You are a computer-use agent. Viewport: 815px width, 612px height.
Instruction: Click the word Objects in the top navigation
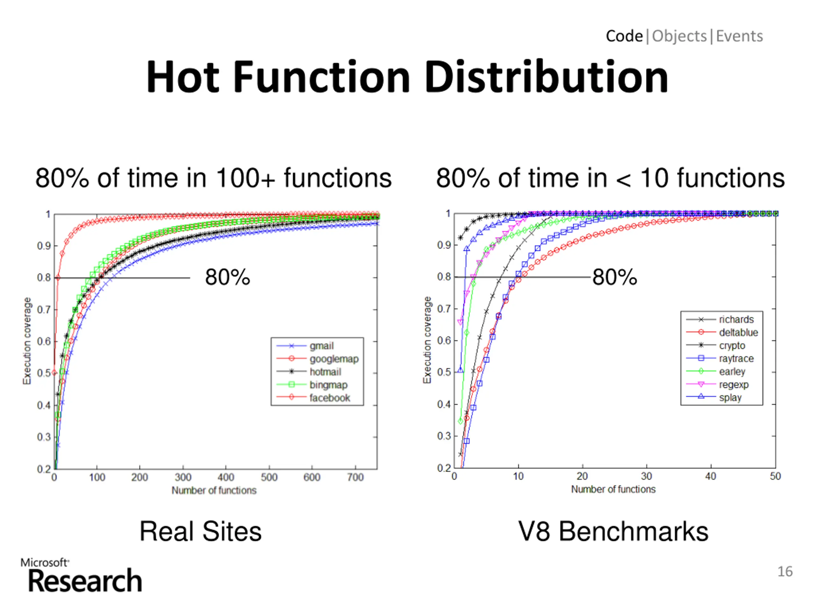[x=679, y=36]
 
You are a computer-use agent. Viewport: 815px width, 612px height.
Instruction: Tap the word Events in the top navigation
[x=739, y=36]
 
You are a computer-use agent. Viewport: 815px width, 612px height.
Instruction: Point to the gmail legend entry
[x=321, y=346]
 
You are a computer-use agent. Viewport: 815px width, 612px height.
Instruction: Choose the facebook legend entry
[x=330, y=398]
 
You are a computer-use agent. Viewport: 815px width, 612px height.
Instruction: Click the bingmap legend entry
[x=328, y=385]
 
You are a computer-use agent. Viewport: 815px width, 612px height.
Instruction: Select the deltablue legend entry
[x=738, y=332]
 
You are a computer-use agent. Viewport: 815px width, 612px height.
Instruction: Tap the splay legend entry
[x=730, y=397]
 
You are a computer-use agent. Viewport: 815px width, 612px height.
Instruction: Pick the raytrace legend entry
[x=736, y=358]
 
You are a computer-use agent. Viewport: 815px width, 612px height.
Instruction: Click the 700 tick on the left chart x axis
[x=355, y=477]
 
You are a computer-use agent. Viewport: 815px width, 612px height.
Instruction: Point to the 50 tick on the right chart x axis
[x=775, y=476]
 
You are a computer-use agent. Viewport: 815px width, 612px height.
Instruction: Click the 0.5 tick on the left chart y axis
[x=44, y=373]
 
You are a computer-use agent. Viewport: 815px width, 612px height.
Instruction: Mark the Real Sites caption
[x=201, y=531]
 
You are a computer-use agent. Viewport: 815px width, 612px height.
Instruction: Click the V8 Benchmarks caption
[x=613, y=531]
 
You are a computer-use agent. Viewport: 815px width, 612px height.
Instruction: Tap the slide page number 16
[x=784, y=572]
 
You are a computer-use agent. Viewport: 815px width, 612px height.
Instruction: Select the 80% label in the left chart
[x=227, y=277]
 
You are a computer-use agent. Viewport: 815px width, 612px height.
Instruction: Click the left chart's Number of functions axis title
[x=214, y=490]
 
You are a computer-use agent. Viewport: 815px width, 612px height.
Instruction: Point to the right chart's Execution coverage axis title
[x=427, y=340]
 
